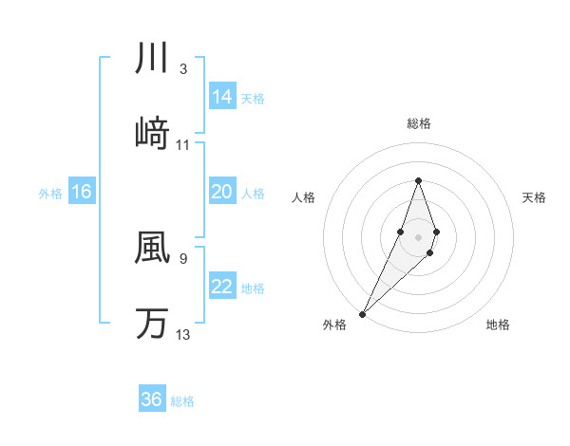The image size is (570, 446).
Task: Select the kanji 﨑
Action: click(152, 134)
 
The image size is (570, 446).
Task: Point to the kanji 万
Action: click(152, 323)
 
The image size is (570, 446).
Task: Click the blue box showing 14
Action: click(222, 97)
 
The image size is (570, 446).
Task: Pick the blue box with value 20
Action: click(222, 192)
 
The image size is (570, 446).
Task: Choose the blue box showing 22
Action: click(222, 287)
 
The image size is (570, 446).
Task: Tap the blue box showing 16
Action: click(82, 192)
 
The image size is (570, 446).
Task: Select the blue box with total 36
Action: click(152, 400)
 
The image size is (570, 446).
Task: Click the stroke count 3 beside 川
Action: click(182, 68)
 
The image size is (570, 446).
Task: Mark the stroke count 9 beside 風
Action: click(182, 257)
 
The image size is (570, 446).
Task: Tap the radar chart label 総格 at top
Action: click(418, 123)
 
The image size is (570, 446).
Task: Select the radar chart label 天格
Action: click(534, 197)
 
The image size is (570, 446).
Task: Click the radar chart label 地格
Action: click(498, 325)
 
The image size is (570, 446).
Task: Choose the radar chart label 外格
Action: click(334, 325)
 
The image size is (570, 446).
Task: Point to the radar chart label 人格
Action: click(304, 197)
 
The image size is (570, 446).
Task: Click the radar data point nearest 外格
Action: click(363, 312)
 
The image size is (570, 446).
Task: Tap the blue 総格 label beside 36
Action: click(182, 401)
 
